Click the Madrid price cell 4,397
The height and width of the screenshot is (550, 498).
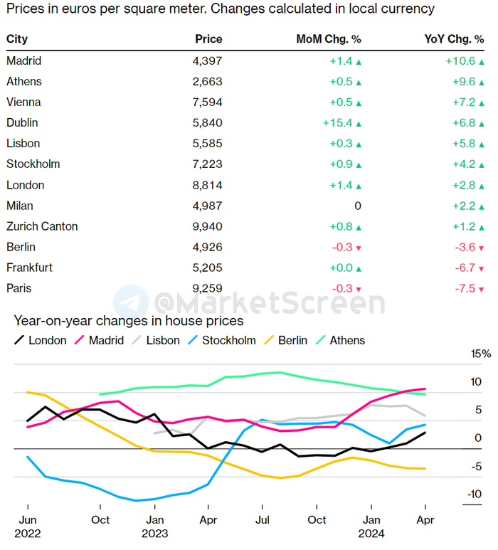tap(207, 60)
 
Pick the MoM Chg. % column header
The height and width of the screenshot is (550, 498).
tap(329, 39)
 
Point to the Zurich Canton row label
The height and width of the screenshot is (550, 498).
tap(42, 226)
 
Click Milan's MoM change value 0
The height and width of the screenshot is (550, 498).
tap(358, 206)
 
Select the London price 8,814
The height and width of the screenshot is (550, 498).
tap(207, 185)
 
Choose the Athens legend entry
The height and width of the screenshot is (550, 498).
tap(347, 340)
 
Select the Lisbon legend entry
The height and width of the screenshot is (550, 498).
tap(163, 340)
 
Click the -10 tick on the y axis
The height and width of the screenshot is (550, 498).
tap(474, 495)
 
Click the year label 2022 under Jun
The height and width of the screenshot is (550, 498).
tap(27, 532)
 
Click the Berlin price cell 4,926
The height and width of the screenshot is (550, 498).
tap(207, 247)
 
